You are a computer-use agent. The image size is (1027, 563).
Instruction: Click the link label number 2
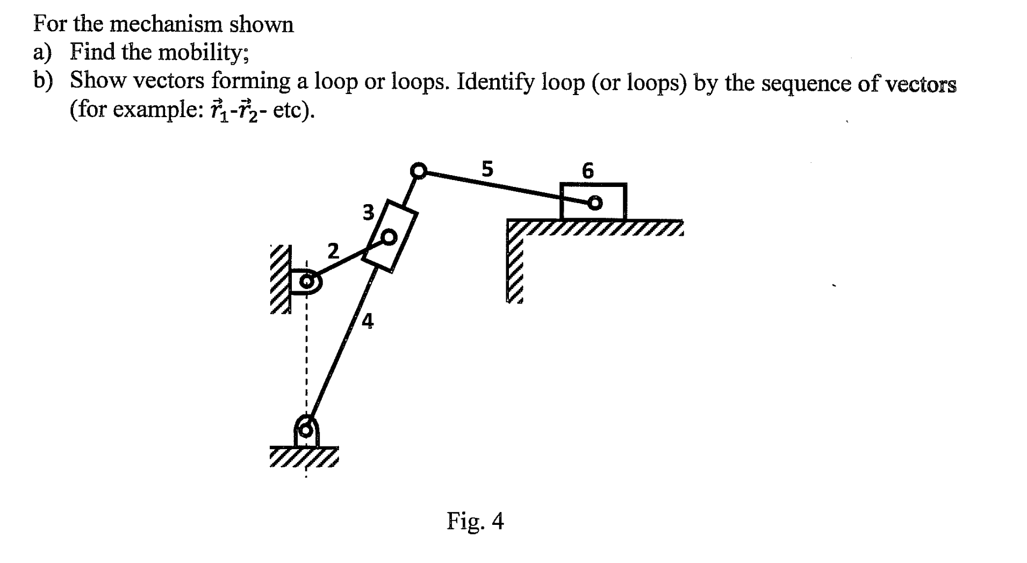click(333, 251)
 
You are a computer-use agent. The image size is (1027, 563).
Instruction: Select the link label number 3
click(368, 213)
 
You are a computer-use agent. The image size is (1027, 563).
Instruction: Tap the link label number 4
click(368, 321)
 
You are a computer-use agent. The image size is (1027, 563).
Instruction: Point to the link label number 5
click(486, 169)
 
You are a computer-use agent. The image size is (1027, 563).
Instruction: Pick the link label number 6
click(588, 171)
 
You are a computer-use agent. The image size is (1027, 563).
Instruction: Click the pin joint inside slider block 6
click(594, 203)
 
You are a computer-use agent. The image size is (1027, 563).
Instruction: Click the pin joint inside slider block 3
click(389, 236)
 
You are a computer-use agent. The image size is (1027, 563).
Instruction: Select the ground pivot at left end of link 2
click(307, 281)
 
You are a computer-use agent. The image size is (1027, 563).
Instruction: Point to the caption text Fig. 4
click(475, 521)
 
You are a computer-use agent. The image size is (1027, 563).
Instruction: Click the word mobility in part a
click(202, 53)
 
